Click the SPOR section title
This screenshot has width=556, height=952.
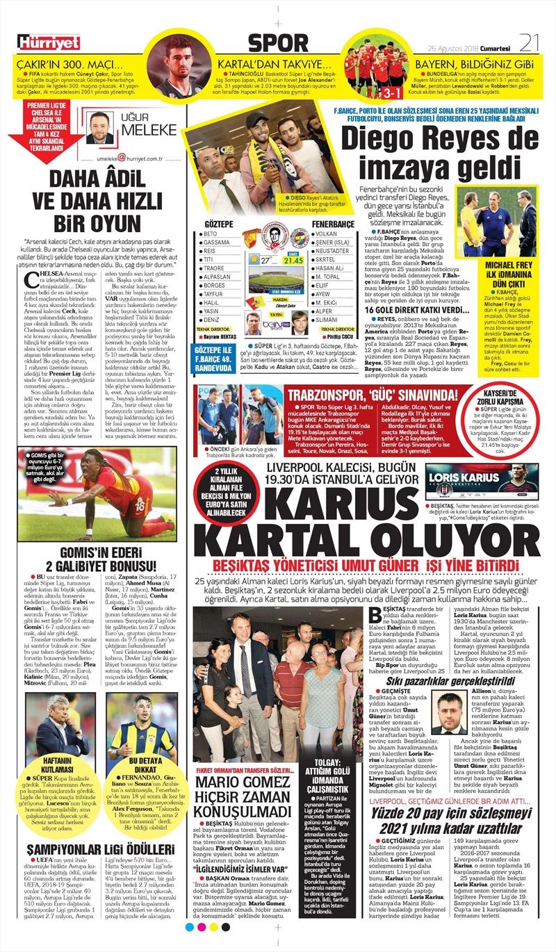[277, 43]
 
